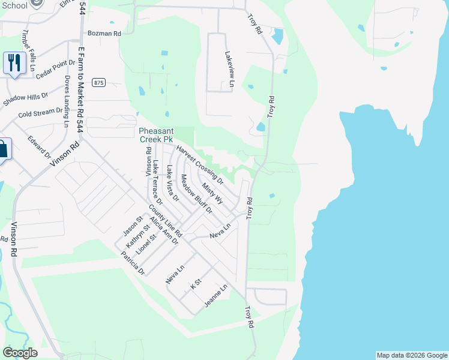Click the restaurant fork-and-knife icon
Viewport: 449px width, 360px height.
pos(13,62)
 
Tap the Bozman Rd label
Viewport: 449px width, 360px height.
pos(104,34)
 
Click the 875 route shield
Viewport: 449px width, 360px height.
pos(99,83)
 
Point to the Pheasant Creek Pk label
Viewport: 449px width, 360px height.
pos(155,135)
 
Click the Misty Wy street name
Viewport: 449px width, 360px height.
pos(212,194)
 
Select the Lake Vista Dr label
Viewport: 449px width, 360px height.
pos(173,183)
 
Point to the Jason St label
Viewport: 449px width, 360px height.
pos(131,226)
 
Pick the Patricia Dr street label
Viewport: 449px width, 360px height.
pos(133,263)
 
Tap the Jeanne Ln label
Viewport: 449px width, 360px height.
pos(215,296)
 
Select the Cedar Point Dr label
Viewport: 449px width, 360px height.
pos(55,69)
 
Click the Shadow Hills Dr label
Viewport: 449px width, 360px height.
pos(25,100)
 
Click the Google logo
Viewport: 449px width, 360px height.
pos(20,353)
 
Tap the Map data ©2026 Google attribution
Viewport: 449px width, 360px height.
pos(411,355)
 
